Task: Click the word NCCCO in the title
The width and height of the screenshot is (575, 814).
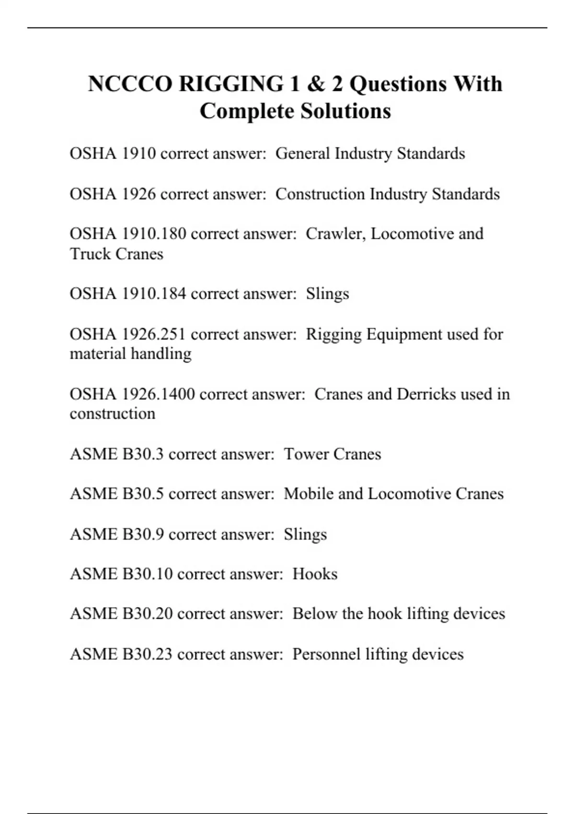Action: click(130, 84)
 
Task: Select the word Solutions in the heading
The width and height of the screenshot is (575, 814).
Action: click(345, 112)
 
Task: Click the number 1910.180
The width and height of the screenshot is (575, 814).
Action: click(153, 234)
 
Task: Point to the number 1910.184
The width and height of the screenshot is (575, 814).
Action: click(153, 294)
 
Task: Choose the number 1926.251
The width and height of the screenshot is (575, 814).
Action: click(153, 334)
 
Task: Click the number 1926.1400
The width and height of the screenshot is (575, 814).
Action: click(158, 394)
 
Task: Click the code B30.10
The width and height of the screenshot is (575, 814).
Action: click(148, 574)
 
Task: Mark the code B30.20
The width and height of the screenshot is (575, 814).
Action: click(148, 614)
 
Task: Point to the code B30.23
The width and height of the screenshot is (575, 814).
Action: click(148, 654)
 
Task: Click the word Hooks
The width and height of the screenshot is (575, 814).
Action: click(315, 574)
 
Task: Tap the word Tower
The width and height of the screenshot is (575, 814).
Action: click(306, 454)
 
